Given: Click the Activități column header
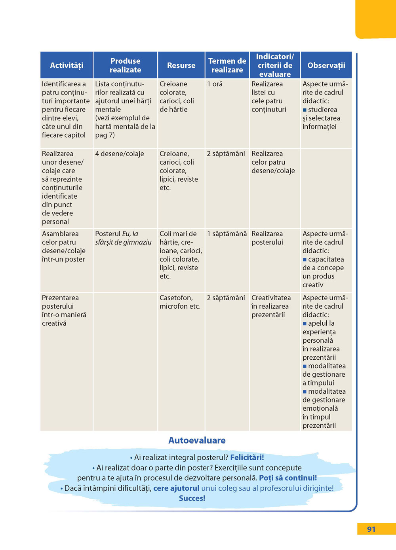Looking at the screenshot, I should [67, 65].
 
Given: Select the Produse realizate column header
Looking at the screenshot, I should [125, 65].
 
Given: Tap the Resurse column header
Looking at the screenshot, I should [181, 65].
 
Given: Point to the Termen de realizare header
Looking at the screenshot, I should [227, 65].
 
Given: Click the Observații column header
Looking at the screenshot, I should [326, 65].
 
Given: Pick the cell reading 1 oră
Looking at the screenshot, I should [215, 84].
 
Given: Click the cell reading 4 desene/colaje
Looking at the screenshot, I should [120, 154].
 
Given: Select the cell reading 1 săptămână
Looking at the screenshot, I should [227, 234].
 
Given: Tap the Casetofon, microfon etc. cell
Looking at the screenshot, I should [180, 302].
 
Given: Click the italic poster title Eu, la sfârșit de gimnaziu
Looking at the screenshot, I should [123, 238].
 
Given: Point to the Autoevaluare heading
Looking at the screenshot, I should [197, 440].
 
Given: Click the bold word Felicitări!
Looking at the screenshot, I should [247, 457].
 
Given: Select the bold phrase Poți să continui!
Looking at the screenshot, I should [288, 478].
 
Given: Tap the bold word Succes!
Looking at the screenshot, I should [192, 499].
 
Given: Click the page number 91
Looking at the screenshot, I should [371, 529].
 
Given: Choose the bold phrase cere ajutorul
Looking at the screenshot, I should [176, 488].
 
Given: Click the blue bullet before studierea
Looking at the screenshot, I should [305, 110].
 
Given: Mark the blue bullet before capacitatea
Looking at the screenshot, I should [305, 260].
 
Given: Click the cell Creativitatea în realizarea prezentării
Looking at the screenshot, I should [271, 306].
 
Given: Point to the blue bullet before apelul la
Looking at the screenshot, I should [305, 324].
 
